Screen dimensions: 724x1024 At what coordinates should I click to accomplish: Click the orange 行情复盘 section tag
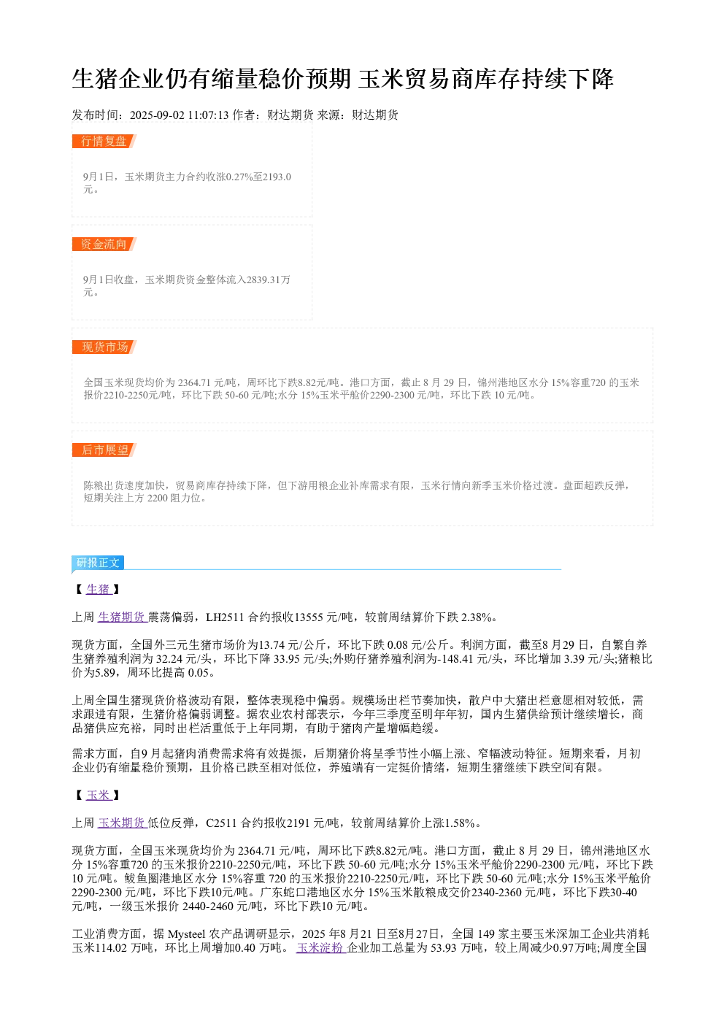[x=104, y=142]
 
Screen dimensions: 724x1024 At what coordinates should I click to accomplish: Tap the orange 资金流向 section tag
[x=104, y=244]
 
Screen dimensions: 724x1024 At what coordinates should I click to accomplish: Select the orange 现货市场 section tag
[x=104, y=347]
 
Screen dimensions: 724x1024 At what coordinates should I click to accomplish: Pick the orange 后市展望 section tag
[x=104, y=450]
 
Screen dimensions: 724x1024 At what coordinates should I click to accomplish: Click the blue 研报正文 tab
[x=98, y=563]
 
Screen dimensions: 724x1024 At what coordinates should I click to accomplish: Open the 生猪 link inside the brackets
[x=99, y=589]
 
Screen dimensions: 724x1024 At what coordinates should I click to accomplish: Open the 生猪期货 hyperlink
[x=122, y=617]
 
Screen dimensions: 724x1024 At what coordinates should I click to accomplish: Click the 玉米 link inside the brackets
[x=99, y=795]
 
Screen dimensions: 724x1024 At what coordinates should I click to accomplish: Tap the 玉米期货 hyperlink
[x=122, y=823]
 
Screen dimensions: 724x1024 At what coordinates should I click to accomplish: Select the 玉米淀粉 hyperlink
[x=320, y=947]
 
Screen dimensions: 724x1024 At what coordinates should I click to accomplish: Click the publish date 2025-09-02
[x=157, y=115]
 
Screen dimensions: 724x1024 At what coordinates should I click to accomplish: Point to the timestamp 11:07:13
[x=208, y=115]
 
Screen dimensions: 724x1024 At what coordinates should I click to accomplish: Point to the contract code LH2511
[x=225, y=617]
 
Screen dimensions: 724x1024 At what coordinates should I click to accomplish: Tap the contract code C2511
[x=221, y=823]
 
